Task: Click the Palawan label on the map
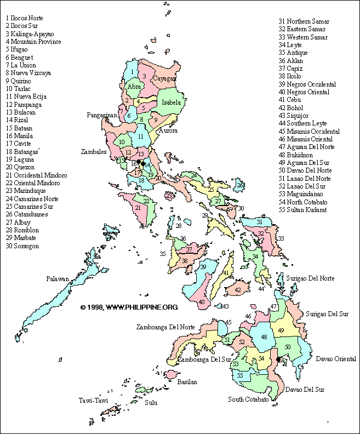point(58,279)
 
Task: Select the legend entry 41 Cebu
point(290,100)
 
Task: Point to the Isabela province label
point(172,102)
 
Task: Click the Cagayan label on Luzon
point(164,79)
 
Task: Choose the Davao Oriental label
point(336,359)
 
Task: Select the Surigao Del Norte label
point(313,278)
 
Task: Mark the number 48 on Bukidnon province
point(264,338)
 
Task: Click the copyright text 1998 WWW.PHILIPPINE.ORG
point(129,307)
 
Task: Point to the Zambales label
point(93,151)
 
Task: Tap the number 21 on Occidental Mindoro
point(138,208)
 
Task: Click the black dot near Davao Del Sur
point(278,359)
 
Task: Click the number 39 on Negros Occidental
point(203,267)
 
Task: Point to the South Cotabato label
point(248,399)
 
